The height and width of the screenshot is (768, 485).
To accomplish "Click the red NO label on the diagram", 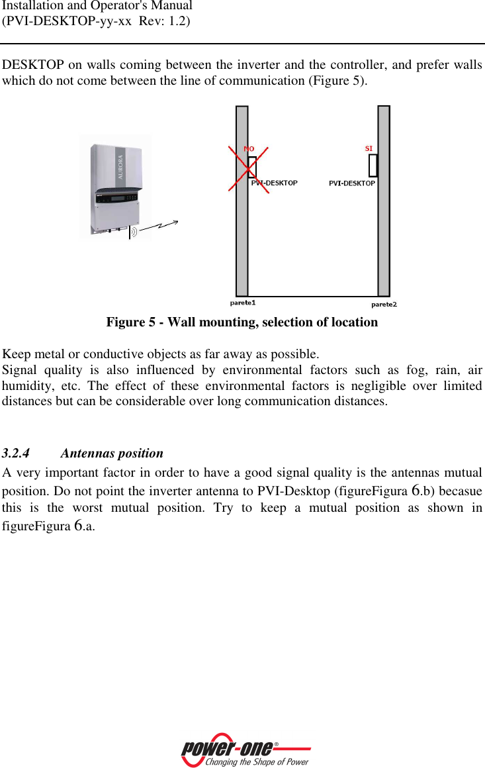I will [x=249, y=149].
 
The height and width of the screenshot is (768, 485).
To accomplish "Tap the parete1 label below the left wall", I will [x=242, y=303].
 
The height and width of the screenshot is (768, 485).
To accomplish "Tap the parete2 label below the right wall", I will [x=384, y=304].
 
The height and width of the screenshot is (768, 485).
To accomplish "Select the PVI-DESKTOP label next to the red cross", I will [x=275, y=183].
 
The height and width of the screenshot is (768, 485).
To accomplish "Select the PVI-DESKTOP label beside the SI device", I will [x=351, y=183].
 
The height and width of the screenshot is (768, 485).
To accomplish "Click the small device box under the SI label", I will [x=373, y=165].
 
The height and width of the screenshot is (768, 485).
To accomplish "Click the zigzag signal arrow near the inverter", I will [x=159, y=227].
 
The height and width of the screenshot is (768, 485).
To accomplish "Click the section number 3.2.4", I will [x=16, y=454].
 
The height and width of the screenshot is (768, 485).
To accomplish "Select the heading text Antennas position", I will [x=111, y=454].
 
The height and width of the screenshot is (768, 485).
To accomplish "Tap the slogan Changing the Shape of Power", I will [x=257, y=762].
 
